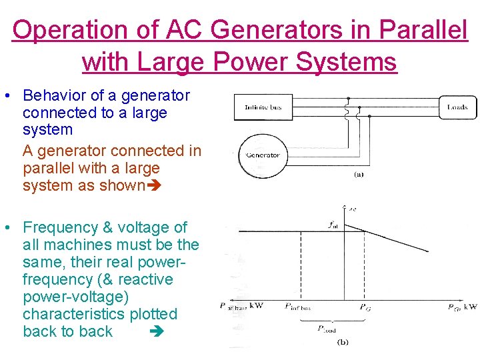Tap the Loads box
click(457, 107)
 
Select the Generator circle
click(263, 155)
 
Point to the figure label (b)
click(343, 342)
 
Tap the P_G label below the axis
click(365, 307)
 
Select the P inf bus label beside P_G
click(297, 307)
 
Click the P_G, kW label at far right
click(461, 307)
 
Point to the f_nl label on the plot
click(332, 225)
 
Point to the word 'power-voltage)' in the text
click(76, 297)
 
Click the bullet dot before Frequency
click(6, 228)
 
